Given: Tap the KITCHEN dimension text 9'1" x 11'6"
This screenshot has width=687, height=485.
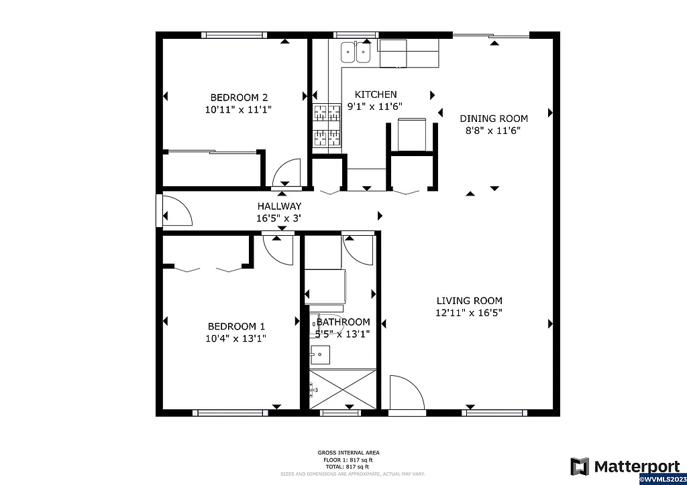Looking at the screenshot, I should click(374, 107).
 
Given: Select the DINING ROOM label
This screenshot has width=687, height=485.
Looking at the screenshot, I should click(493, 119).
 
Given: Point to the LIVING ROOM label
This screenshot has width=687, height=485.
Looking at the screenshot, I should click(469, 301).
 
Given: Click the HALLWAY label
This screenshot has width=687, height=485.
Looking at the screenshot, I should click(279, 206).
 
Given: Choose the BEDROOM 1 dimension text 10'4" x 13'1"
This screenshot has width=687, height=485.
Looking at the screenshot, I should click(235, 338).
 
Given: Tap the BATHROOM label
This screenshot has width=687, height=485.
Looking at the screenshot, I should click(343, 322).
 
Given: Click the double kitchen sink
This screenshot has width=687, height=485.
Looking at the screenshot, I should click(356, 52).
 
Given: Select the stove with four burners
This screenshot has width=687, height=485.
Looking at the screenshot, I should click(327, 125).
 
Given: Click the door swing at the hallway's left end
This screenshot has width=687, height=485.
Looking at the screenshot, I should click(176, 211).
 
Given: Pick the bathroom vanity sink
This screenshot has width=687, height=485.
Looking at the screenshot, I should click(320, 354).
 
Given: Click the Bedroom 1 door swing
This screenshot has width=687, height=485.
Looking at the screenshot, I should click(278, 249).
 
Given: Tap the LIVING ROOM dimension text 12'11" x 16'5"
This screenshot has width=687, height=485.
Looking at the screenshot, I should click(469, 312).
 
